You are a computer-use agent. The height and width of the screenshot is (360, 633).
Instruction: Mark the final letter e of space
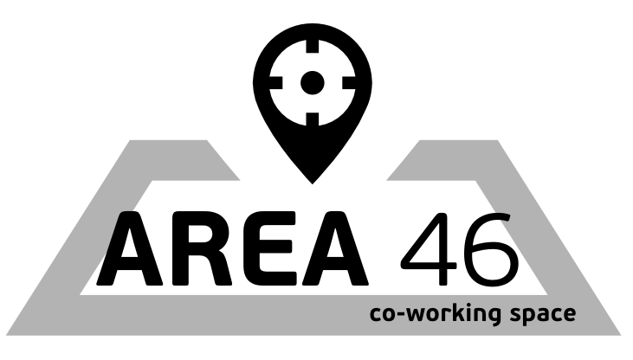[x=568, y=314]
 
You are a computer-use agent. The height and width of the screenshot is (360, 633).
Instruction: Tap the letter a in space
[x=541, y=314]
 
